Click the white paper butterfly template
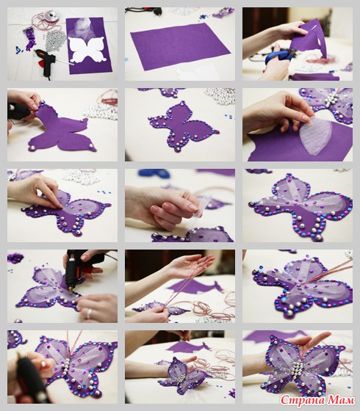(87, 50)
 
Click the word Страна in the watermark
(302, 400)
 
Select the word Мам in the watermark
(340, 400)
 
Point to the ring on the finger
(89, 313)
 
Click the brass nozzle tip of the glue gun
(71, 290)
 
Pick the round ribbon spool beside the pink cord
(50, 15)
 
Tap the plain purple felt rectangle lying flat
(180, 46)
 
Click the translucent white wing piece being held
(316, 135)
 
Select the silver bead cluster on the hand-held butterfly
(298, 367)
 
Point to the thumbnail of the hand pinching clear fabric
(194, 207)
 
